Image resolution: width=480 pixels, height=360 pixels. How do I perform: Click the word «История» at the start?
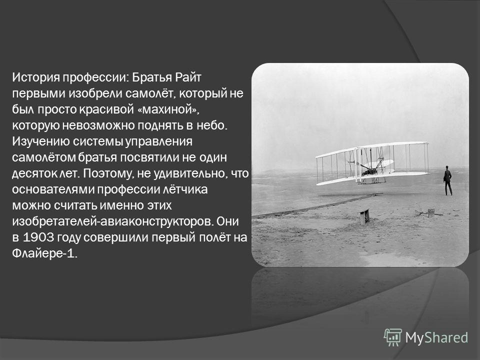tap(36, 77)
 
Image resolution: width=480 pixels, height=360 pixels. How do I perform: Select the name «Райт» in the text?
tap(187, 77)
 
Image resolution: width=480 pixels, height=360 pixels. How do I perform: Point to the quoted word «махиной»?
tap(167, 109)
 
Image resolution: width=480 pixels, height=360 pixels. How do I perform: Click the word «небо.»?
tap(212, 125)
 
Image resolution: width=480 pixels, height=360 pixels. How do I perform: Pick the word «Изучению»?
tap(41, 141)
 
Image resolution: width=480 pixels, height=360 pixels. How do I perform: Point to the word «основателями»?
tap(53, 189)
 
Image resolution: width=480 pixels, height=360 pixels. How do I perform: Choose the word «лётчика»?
tap(182, 189)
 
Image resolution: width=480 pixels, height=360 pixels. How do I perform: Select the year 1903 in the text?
tap(39, 237)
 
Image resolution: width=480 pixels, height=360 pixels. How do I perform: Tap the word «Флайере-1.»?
tap(44, 253)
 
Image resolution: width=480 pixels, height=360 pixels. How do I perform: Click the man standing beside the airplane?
tap(447, 180)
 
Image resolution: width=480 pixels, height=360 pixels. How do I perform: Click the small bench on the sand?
tap(364, 216)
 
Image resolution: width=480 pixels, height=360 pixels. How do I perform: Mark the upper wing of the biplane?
tap(371, 149)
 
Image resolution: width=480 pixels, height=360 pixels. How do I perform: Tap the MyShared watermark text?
tap(436, 337)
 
